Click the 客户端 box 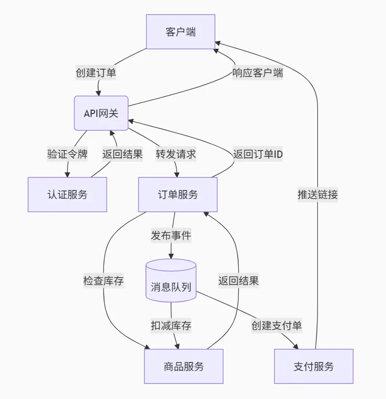coord(180,32)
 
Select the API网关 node coord(101,113)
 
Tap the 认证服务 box coord(67,194)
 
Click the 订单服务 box coord(178,194)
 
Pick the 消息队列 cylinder coord(171,286)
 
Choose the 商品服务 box coord(184,366)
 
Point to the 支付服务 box coord(314,366)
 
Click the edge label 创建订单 coord(96,73)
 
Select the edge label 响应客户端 coord(257,73)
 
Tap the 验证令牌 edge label coord(67,154)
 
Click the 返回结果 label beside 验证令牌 coord(122,154)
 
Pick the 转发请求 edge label coord(175,154)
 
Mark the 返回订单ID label coord(258,154)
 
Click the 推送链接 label coord(317,194)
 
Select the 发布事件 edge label coord(171,235)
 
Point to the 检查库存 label coord(104,281)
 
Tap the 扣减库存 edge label coord(171,326)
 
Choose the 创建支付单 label coord(277,326)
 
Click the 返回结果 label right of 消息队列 coord(238,281)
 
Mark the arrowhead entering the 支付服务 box coord(296,346)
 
